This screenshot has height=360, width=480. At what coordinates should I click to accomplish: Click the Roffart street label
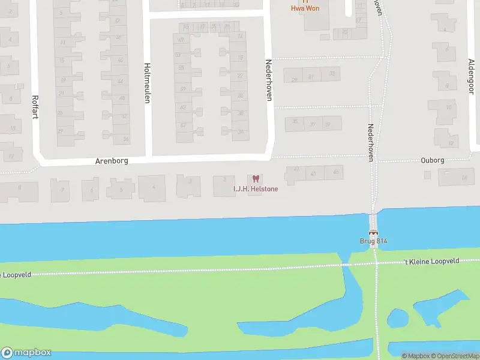35,107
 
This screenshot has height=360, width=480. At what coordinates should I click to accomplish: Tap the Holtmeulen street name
146,83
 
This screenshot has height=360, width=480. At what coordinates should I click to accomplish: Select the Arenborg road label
112,161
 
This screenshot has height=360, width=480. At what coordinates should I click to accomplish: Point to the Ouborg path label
432,160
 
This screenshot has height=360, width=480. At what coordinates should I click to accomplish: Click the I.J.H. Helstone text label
256,189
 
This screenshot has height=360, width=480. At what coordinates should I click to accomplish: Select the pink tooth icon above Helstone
256,179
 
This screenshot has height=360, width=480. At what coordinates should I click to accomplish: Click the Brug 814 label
373,241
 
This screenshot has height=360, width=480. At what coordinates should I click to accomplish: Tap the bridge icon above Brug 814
373,233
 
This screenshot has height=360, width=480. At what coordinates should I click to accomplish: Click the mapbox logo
26,353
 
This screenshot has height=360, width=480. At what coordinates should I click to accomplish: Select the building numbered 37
311,125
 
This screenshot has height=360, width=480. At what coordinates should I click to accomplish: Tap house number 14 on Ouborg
463,178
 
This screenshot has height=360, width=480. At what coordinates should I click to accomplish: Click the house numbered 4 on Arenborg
154,187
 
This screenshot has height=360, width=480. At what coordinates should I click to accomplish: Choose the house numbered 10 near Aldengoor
448,107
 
